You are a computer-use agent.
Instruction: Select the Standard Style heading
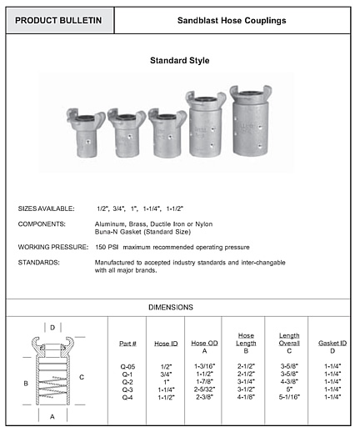(x=179, y=61)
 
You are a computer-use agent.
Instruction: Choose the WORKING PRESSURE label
(x=52, y=248)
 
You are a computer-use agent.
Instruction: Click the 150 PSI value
(x=106, y=248)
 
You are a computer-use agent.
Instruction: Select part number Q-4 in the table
(x=127, y=395)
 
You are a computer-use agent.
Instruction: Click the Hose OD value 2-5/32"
(x=204, y=389)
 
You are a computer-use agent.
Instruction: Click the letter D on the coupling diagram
(x=52, y=328)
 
